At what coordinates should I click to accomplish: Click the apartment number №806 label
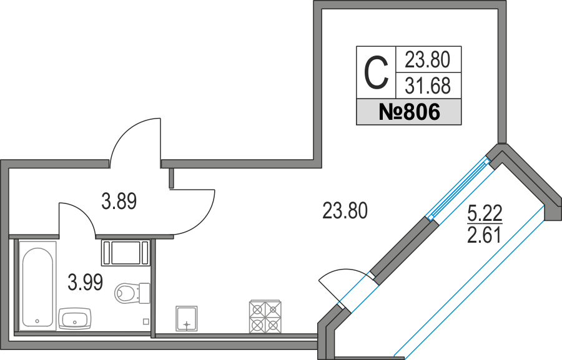[x=409, y=112]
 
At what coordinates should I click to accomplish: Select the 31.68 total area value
[x=428, y=86]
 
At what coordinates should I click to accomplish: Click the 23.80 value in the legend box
[x=427, y=59]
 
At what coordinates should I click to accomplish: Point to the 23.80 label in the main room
[x=345, y=210]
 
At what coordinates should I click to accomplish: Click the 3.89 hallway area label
[x=119, y=201]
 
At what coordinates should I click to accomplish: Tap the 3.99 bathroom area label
[x=86, y=282]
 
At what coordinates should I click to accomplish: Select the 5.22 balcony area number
[x=485, y=213]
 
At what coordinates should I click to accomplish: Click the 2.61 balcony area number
[x=484, y=235]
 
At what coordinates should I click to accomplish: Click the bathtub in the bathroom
[x=37, y=286]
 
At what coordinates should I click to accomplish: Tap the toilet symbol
[x=132, y=293]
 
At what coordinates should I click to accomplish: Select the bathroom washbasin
[x=74, y=318]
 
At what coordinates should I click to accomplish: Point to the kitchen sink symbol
[x=186, y=318]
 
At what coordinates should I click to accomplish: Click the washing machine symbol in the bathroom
[x=126, y=253]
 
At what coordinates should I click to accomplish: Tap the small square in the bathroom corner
[x=146, y=322]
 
